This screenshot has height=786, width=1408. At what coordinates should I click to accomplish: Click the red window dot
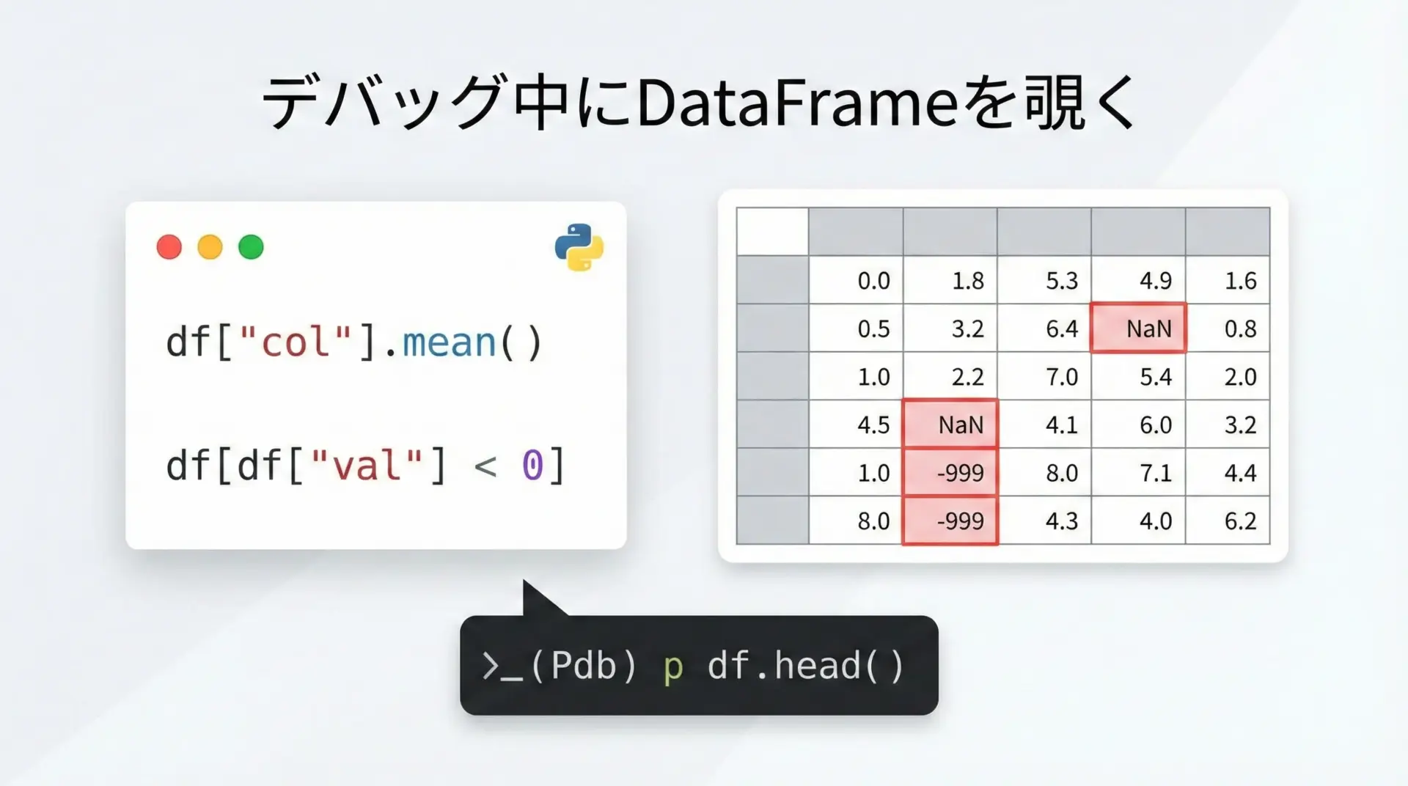click(169, 247)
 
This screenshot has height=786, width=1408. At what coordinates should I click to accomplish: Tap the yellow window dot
click(210, 247)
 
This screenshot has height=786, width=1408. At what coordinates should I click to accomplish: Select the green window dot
click(252, 247)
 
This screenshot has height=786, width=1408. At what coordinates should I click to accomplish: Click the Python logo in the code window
click(579, 248)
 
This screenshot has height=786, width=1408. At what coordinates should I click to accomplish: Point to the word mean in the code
click(450, 342)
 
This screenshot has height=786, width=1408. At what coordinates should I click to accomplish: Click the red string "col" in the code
click(296, 342)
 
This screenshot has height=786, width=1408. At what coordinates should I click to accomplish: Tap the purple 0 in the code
click(532, 466)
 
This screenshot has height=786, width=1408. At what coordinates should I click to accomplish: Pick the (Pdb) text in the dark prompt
click(583, 666)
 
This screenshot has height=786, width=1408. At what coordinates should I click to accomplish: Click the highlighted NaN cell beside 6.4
click(1138, 328)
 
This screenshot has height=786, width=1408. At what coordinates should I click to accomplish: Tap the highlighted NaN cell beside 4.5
click(950, 424)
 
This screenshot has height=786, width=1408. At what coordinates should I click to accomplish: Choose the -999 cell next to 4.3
click(950, 520)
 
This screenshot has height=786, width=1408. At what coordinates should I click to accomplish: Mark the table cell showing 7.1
click(1138, 472)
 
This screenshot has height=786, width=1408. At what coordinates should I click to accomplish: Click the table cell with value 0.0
click(856, 280)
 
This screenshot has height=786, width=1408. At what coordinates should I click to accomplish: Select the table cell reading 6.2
click(1228, 520)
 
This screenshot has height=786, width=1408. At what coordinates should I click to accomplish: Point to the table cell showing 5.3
click(1044, 280)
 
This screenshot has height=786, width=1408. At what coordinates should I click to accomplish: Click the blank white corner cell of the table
click(773, 232)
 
